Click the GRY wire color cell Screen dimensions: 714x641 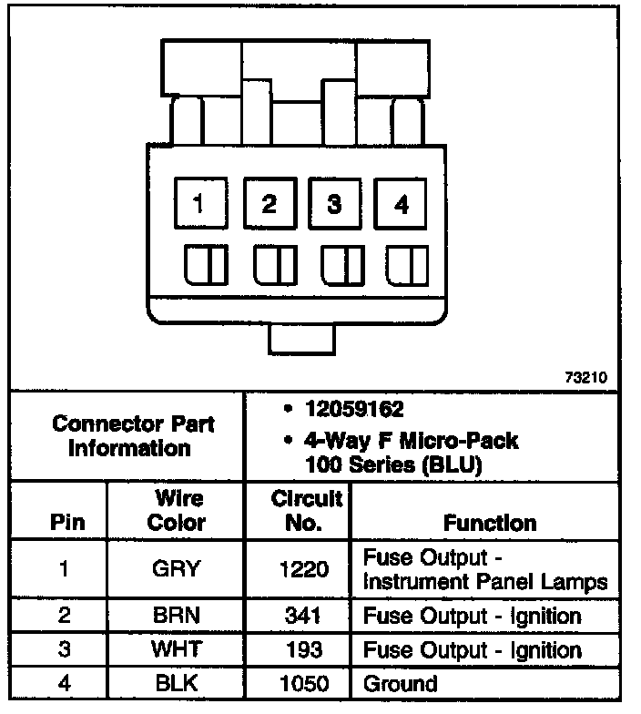click(177, 570)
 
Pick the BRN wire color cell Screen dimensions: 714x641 click(177, 616)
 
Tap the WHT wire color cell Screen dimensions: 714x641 click(177, 650)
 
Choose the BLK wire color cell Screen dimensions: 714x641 click(177, 683)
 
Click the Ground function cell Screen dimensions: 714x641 click(401, 683)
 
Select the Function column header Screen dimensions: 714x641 click(490, 523)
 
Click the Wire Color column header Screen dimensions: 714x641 click(177, 511)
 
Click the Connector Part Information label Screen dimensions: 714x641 click(133, 436)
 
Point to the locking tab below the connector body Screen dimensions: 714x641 click(301, 341)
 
